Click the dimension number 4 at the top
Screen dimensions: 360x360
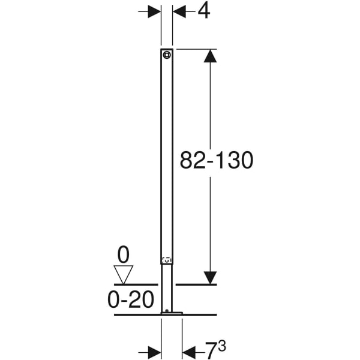coord(204,11)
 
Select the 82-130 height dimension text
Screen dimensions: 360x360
coord(217,160)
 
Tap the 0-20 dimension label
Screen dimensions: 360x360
coord(131,299)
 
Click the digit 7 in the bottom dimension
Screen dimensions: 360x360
coord(211,350)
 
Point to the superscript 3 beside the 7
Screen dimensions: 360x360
coord(222,346)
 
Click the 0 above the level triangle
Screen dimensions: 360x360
coord(123,255)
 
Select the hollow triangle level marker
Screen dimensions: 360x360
coord(123,275)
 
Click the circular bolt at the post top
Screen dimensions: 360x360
coord(167,55)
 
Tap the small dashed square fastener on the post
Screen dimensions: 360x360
coord(167,260)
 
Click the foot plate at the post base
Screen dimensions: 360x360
coord(172,313)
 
